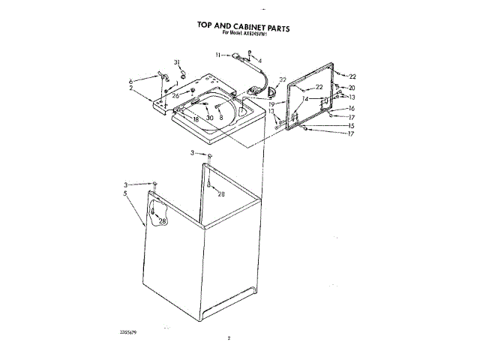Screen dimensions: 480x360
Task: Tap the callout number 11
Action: pos(217,55)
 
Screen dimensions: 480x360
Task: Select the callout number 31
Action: pos(178,61)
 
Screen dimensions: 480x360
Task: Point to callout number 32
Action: pos(282,79)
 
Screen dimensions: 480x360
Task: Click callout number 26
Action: pos(175,95)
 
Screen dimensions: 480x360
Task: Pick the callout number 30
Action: pos(210,118)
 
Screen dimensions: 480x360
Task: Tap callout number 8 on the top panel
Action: pos(221,118)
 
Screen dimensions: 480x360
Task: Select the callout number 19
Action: pos(282,104)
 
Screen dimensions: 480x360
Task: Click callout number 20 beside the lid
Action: pos(351,88)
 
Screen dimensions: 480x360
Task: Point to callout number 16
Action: pos(351,108)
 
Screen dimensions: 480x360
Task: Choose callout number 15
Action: pos(351,125)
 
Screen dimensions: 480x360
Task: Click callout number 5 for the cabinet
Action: pos(126,193)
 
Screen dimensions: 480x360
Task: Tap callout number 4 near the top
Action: pos(259,60)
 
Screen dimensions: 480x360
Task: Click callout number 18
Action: pos(195,118)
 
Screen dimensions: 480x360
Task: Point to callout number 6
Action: pos(131,80)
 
